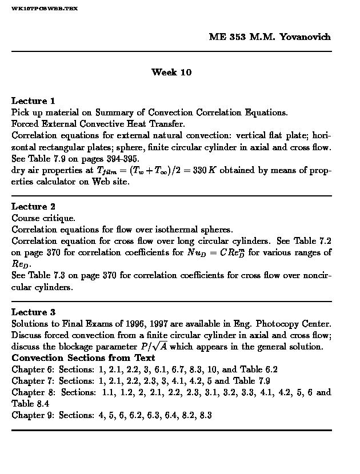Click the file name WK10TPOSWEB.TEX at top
coord(45,9)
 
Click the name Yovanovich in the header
coord(305,37)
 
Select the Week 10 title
coord(171,72)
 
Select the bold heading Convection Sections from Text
coord(83,358)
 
